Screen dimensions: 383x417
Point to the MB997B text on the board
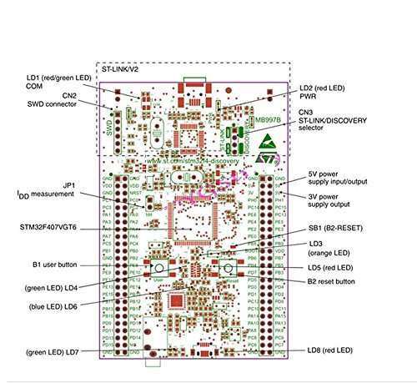click(267, 121)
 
